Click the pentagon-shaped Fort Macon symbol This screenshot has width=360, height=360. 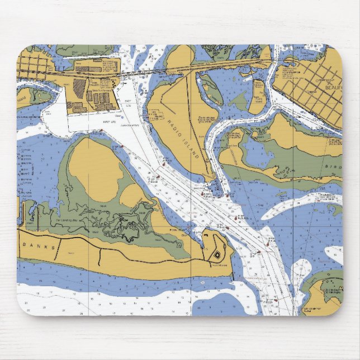(x=217, y=254)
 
